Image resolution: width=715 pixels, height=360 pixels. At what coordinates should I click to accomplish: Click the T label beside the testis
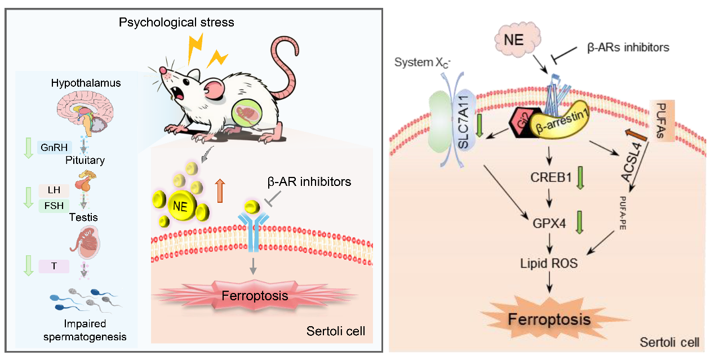click(54, 266)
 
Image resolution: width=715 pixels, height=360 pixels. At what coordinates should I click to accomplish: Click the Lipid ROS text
click(549, 262)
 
